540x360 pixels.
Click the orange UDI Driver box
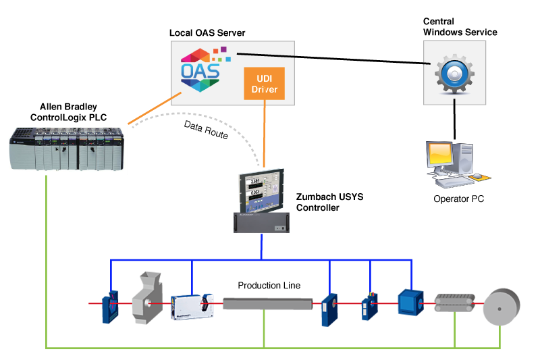click(x=264, y=83)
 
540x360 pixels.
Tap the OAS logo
click(x=200, y=69)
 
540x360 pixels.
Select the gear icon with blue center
click(x=454, y=72)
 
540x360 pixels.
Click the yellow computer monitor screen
click(x=439, y=154)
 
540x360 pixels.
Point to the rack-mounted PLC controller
click(x=67, y=149)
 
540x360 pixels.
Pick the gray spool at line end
click(x=502, y=307)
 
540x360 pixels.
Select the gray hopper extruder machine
click(x=149, y=297)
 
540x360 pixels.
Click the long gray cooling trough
click(x=267, y=304)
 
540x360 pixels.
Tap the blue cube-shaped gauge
click(x=409, y=302)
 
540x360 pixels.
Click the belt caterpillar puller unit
click(x=454, y=303)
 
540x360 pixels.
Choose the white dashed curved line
click(x=223, y=122)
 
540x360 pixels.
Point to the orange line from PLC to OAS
click(x=154, y=109)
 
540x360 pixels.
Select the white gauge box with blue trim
click(x=192, y=306)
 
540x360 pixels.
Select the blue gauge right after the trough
click(x=329, y=309)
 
